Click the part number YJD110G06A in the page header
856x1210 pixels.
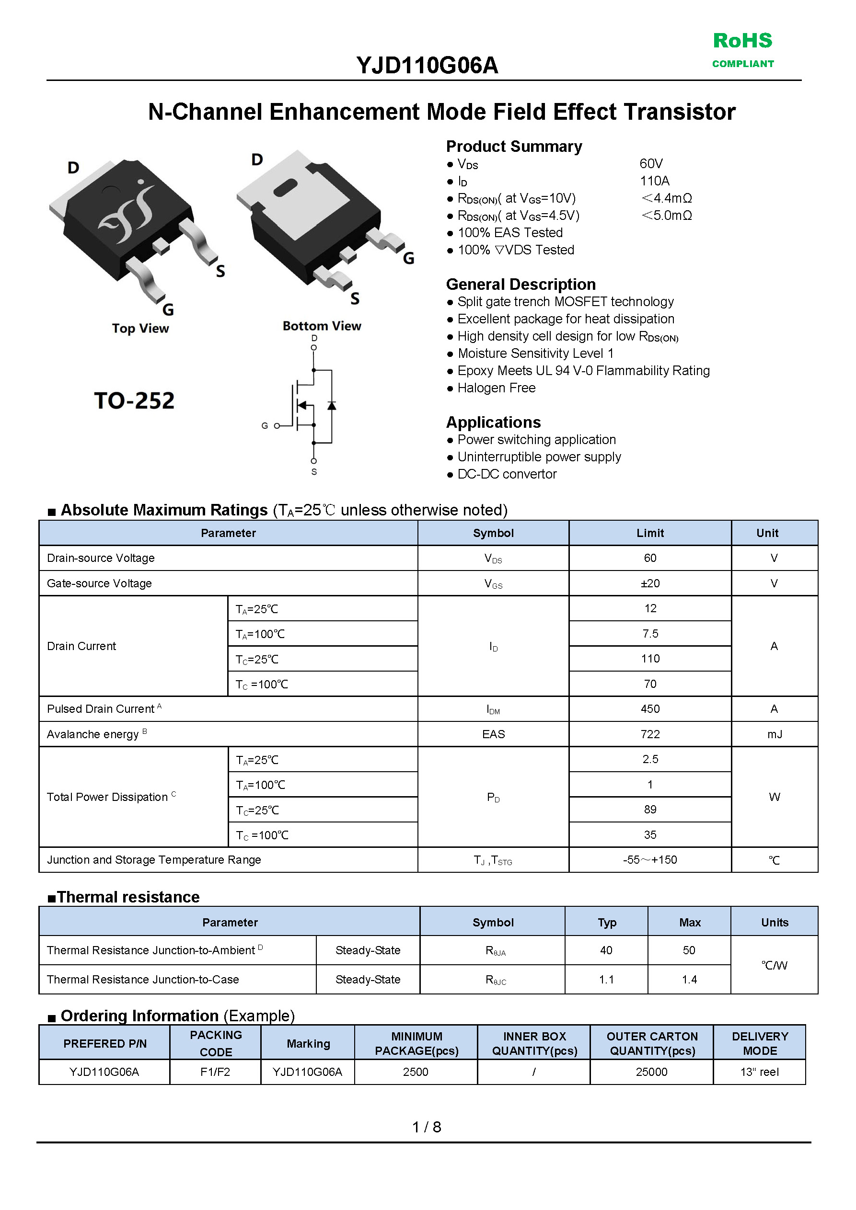click(427, 65)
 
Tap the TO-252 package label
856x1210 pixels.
click(134, 400)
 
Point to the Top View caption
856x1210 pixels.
click(140, 328)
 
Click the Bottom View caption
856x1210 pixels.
click(322, 326)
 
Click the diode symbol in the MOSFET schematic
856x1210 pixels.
click(332, 405)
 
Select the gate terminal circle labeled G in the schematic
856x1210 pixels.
click(277, 426)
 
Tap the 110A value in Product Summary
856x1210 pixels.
click(655, 181)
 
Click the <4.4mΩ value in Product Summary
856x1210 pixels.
click(667, 198)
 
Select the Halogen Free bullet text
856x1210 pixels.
click(497, 388)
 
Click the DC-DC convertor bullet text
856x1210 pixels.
click(507, 474)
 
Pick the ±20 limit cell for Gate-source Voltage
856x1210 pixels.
click(650, 583)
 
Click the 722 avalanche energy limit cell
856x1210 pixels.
click(650, 734)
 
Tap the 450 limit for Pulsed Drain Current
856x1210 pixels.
click(650, 709)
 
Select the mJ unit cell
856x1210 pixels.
click(774, 734)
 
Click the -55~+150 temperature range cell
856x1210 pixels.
click(650, 859)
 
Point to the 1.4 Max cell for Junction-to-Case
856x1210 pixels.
click(689, 979)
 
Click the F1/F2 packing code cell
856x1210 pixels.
click(215, 1072)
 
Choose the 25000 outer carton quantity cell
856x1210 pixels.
click(651, 1072)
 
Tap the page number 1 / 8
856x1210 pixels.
click(427, 1127)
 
